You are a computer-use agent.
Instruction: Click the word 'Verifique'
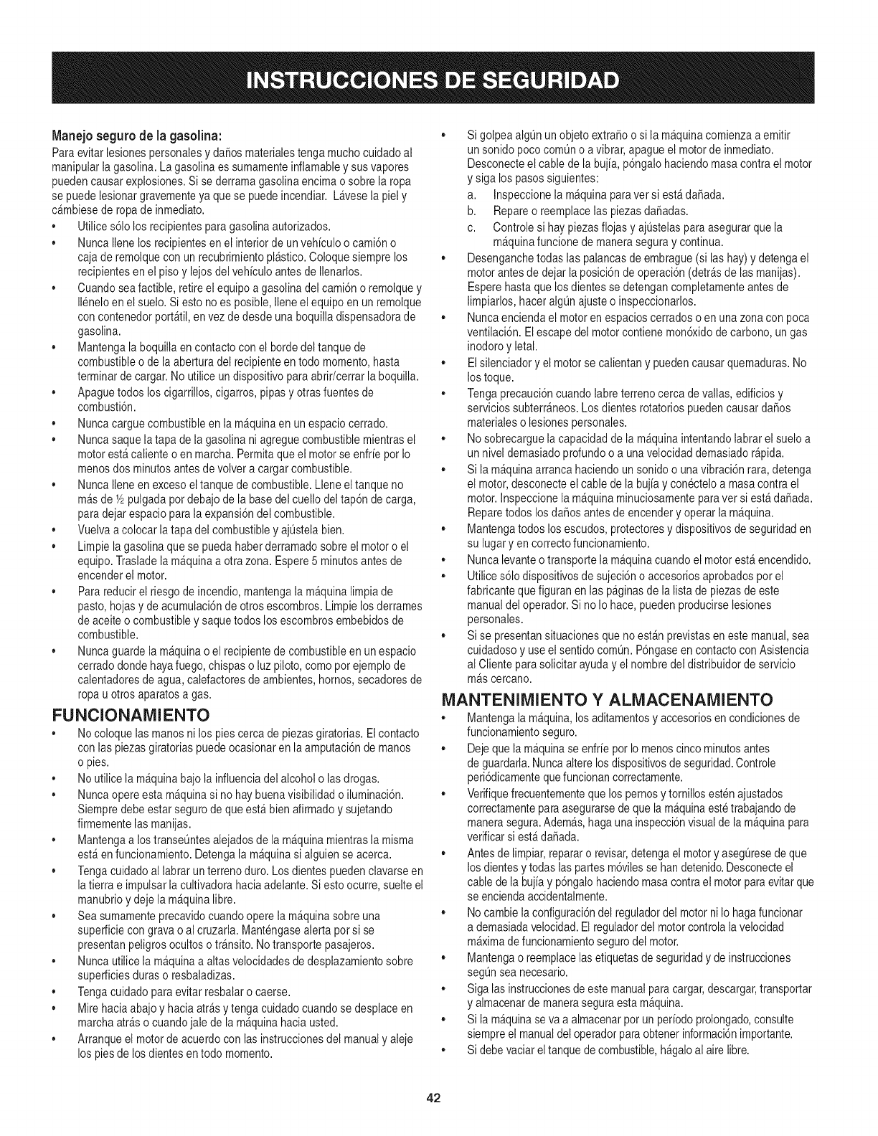coord(490,794)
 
